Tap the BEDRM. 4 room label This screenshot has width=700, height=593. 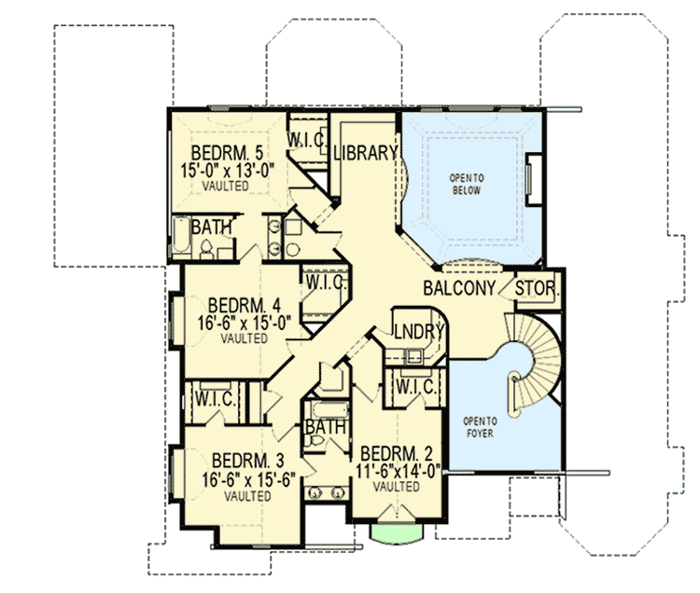[245, 305]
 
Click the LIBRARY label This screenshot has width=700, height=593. [366, 154]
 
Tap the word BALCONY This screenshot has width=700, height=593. [458, 289]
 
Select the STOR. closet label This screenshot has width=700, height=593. [538, 289]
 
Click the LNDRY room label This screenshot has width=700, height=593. [416, 332]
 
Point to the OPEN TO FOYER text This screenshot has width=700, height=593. [483, 427]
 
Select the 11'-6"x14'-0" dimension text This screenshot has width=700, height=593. [397, 471]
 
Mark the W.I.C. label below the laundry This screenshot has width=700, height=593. [412, 385]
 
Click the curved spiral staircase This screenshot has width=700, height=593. [527, 368]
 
